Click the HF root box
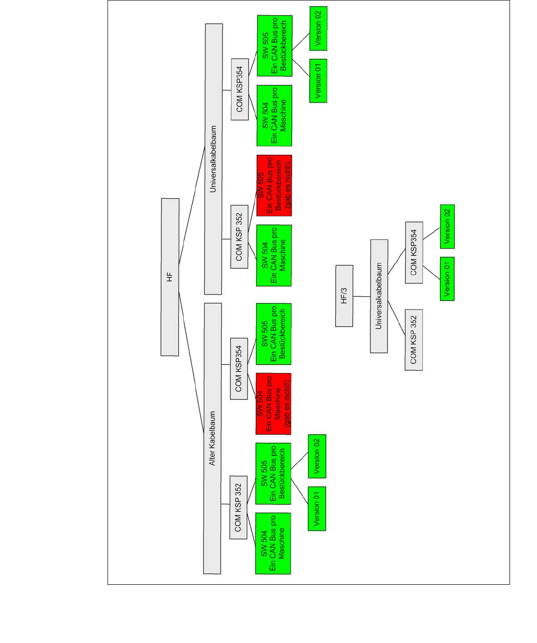click(x=170, y=277)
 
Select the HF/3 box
click(x=344, y=296)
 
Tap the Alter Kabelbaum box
click(x=212, y=438)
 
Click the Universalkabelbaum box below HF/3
click(x=379, y=296)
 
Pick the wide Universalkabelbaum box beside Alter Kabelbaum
click(x=214, y=159)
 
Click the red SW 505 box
click(x=274, y=186)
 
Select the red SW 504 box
click(x=273, y=404)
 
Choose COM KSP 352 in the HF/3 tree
click(x=413, y=340)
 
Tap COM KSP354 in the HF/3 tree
click(x=414, y=253)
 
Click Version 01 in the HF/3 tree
click(x=447, y=279)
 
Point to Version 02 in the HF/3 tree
click(x=447, y=226)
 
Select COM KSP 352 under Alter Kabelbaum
click(x=238, y=507)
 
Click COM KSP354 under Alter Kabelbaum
click(x=239, y=369)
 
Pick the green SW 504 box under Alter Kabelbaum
click(x=273, y=544)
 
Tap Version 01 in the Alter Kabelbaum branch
click(x=317, y=509)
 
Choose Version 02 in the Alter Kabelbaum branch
click(x=317, y=456)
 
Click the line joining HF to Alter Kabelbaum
click(x=191, y=362)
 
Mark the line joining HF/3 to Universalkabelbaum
click(x=362, y=296)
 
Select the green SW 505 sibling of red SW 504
click(x=274, y=334)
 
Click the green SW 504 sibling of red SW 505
click(x=274, y=256)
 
